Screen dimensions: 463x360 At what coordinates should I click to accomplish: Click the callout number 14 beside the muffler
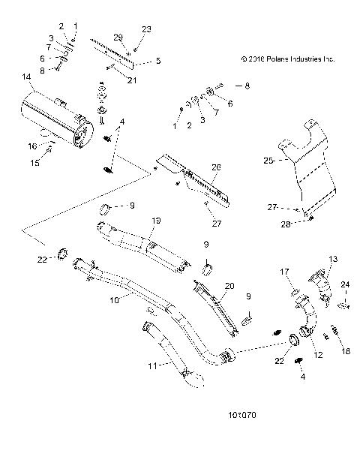point(27,77)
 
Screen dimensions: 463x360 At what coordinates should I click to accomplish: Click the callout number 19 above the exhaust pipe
point(157,221)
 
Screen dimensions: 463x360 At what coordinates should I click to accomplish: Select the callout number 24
point(346,284)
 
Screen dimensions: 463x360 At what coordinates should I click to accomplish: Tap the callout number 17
point(285,271)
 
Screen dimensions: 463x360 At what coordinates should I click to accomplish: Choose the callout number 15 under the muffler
point(33,162)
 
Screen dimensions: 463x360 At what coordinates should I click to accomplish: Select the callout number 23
point(145,29)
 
